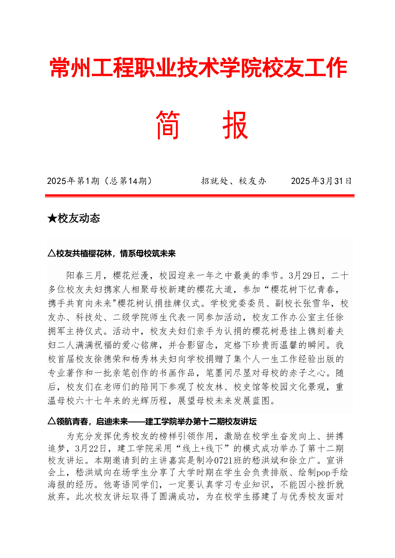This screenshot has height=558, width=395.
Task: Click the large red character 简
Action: pyautogui.click(x=168, y=125)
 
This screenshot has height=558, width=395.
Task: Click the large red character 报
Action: pyautogui.click(x=235, y=125)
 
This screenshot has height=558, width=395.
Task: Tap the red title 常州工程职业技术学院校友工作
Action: pyautogui.click(x=198, y=68)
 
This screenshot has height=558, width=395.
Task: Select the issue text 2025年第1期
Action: pyautogui.click(x=73, y=181)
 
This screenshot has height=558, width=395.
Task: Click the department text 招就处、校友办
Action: pyautogui.click(x=233, y=181)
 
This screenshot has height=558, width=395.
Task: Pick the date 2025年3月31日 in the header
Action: pyautogui.click(x=321, y=181)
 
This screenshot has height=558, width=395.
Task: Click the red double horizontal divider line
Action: pyautogui.click(x=200, y=196)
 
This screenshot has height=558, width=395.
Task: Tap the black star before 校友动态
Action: pyautogui.click(x=52, y=218)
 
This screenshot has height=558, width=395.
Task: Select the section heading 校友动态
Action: pyautogui.click(x=79, y=218)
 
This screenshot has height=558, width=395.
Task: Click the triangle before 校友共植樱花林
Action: pyautogui.click(x=51, y=253)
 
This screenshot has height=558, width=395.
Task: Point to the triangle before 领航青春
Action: pyautogui.click(x=51, y=421)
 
